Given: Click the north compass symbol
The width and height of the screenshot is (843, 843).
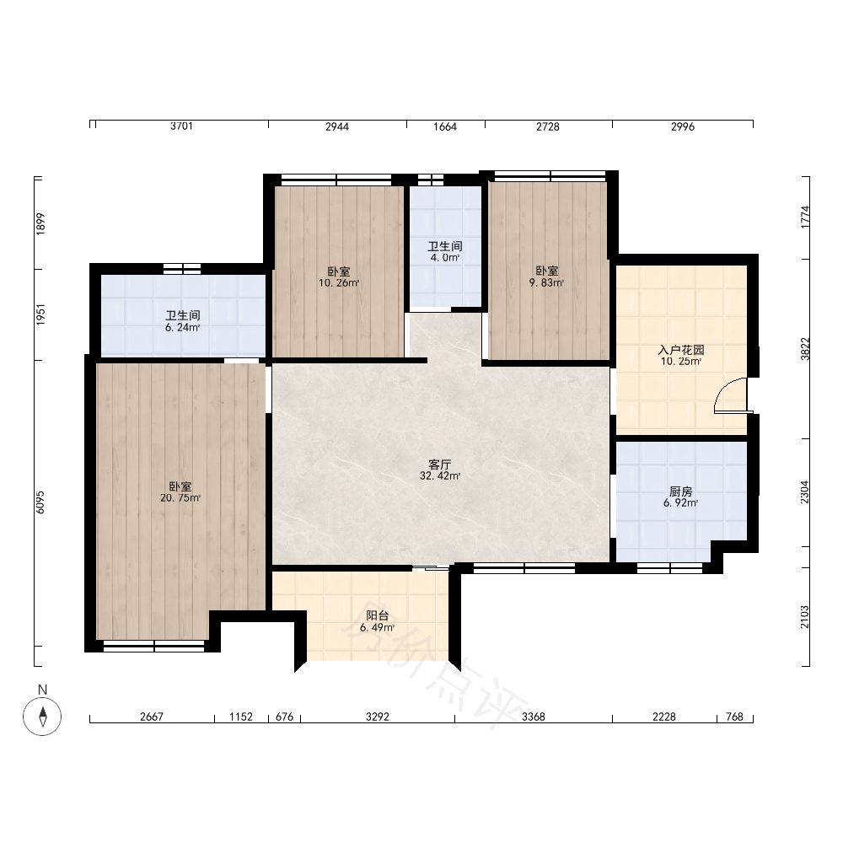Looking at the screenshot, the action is pyautogui.click(x=42, y=716).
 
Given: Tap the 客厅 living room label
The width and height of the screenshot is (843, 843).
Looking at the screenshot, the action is pyautogui.click(x=440, y=464).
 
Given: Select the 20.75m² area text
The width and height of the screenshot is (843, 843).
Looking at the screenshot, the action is pyautogui.click(x=180, y=498).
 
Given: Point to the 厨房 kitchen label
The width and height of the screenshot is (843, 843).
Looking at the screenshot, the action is pyautogui.click(x=680, y=492).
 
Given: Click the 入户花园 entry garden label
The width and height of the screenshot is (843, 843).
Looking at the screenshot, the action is pyautogui.click(x=681, y=350).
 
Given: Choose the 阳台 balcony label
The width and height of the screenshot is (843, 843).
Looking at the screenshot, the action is pyautogui.click(x=378, y=616).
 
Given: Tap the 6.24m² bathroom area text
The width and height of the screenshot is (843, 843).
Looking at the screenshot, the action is pyautogui.click(x=183, y=327).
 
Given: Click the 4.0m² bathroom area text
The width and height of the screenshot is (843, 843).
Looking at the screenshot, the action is pyautogui.click(x=445, y=257).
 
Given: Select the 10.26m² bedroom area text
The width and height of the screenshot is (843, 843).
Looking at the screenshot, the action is pyautogui.click(x=339, y=282).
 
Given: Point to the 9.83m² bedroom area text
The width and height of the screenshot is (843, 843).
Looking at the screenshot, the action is pyautogui.click(x=547, y=282).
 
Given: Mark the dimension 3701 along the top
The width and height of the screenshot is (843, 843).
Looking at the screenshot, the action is pyautogui.click(x=181, y=126).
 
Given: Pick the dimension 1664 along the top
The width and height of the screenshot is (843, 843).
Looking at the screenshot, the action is pyautogui.click(x=445, y=126).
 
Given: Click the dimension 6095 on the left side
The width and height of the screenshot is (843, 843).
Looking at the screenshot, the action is pyautogui.click(x=40, y=502).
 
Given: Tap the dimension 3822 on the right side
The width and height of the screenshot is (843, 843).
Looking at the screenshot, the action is pyautogui.click(x=805, y=349).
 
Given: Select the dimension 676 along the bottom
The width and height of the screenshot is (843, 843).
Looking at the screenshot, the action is pyautogui.click(x=284, y=717).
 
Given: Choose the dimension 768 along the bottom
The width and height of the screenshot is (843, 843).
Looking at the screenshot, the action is pyautogui.click(x=734, y=717).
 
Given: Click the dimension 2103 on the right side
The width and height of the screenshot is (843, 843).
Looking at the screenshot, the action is pyautogui.click(x=805, y=617).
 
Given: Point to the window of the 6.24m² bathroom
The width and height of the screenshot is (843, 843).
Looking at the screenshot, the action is pyautogui.click(x=182, y=269).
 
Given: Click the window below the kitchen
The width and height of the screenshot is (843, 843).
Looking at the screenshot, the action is pyautogui.click(x=670, y=567).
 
